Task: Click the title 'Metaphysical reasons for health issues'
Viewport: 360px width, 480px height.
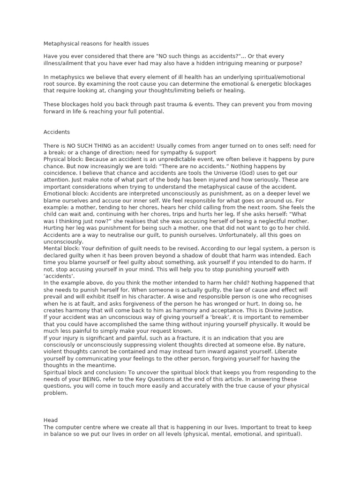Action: tap(96, 44)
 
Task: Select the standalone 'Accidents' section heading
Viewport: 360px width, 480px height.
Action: tap(57, 132)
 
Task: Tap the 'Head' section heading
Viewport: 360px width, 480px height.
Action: tap(51, 420)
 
